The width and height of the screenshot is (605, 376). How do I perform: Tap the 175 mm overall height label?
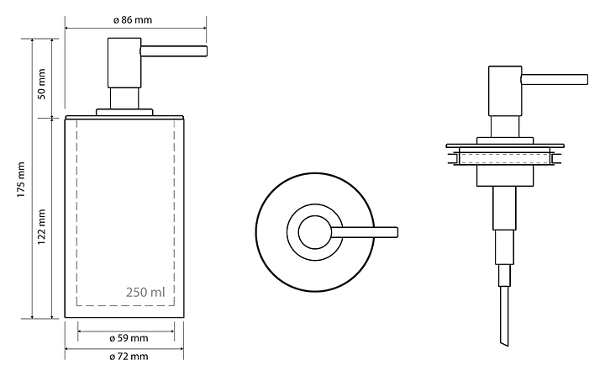[x=22, y=179]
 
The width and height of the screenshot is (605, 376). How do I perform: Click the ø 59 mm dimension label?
[x=129, y=338]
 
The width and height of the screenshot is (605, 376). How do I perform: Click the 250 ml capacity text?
[x=145, y=294]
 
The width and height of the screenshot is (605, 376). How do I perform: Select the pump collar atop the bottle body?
[x=124, y=110]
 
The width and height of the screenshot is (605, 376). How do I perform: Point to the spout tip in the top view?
[x=392, y=231]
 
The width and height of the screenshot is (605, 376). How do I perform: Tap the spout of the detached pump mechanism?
[x=555, y=80]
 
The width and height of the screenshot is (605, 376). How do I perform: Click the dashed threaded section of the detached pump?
[x=504, y=157]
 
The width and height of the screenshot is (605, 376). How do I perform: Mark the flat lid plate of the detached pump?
[x=504, y=146]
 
